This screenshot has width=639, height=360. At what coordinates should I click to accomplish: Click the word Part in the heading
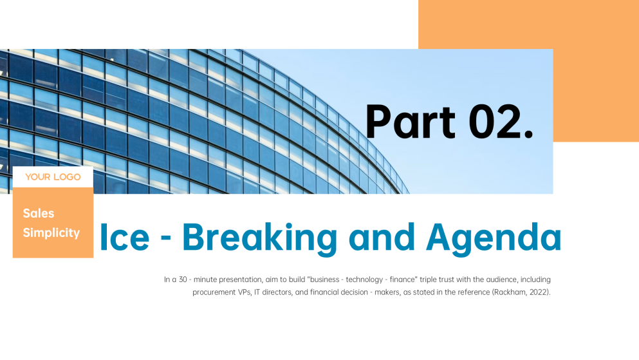click(x=410, y=122)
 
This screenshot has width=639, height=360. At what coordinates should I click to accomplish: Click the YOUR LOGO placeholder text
click(x=53, y=177)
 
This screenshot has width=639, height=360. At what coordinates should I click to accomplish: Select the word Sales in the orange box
click(x=39, y=213)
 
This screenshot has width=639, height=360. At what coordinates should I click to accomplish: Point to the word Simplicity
click(x=51, y=232)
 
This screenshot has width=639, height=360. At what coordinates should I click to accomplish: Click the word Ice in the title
click(x=124, y=237)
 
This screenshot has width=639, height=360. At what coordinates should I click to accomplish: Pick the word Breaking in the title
click(x=259, y=238)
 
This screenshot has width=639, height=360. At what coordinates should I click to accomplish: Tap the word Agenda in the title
click(x=494, y=238)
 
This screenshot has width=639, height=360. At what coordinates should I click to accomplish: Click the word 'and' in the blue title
click(x=382, y=237)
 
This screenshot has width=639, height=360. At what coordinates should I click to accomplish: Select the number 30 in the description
click(x=183, y=279)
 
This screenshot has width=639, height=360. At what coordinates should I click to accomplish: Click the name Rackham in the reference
click(x=510, y=292)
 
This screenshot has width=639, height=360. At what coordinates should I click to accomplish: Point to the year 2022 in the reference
click(x=538, y=292)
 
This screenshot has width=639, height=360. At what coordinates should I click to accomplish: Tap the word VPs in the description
click(x=244, y=292)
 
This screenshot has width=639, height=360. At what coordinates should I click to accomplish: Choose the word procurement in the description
click(x=214, y=293)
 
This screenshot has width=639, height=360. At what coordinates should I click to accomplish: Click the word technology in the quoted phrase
click(x=364, y=279)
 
